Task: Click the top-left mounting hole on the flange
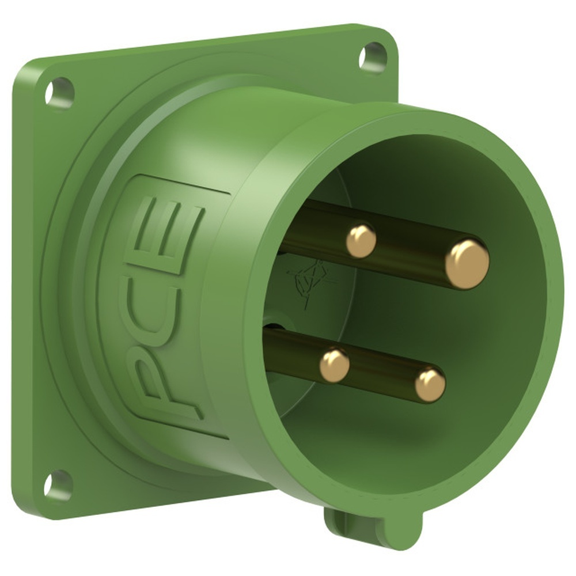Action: point(59,91)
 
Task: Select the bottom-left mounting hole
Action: point(58,486)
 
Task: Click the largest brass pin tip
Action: point(467,264)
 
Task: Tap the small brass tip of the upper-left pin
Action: point(361,240)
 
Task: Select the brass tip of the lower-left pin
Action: point(335,365)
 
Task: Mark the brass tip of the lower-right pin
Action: point(430,385)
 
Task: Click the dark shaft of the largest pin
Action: point(403,251)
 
